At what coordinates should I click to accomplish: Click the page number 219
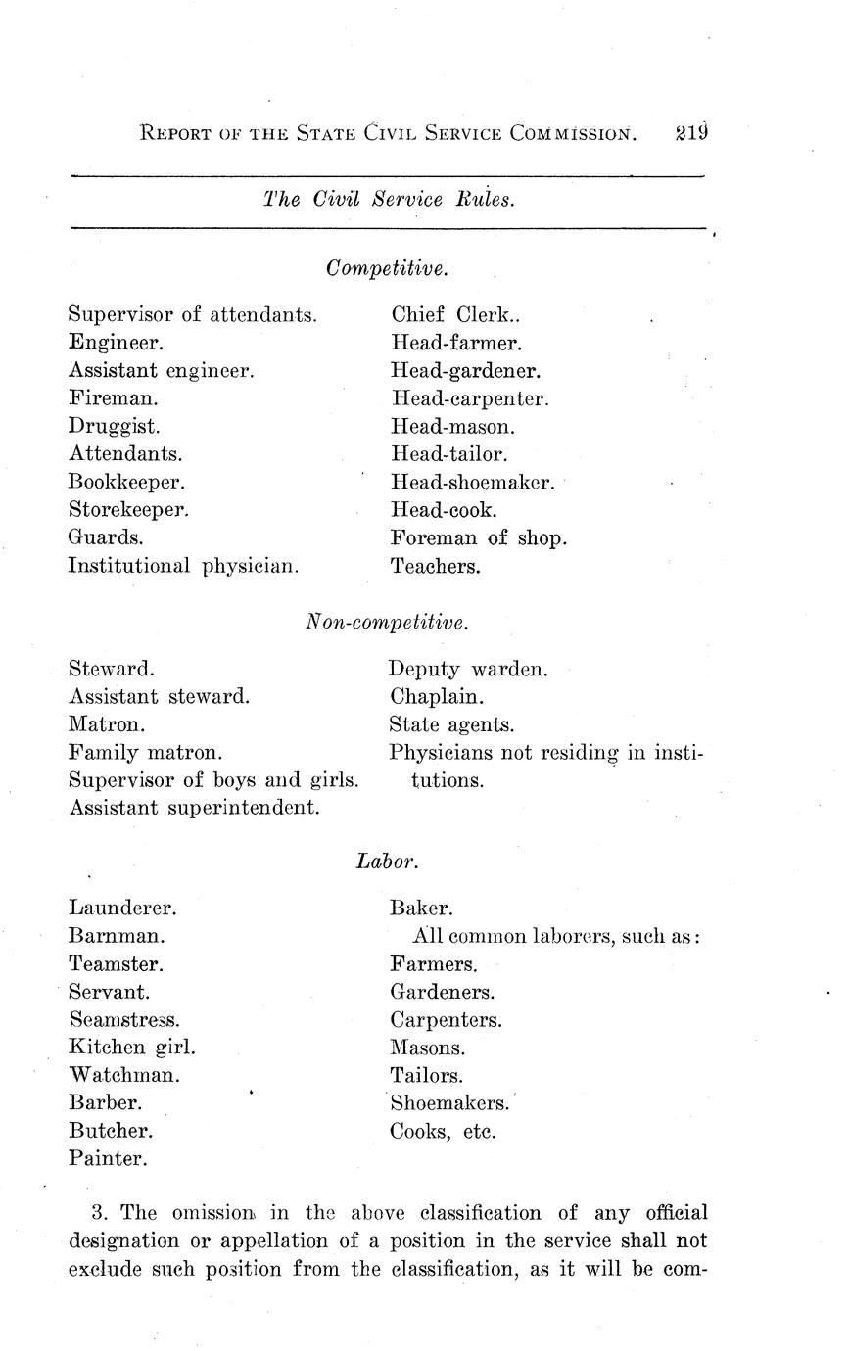pos(690,132)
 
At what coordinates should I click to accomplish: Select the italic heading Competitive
pos(387,267)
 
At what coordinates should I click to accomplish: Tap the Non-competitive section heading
pos(387,622)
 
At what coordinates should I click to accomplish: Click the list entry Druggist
pos(114,427)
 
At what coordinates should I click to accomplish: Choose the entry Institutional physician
pos(183,566)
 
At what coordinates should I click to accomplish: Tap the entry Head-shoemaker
pos(473,483)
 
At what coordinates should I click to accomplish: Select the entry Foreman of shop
pos(478,537)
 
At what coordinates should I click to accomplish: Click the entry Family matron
pos(145,753)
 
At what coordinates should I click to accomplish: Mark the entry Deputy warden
pos(468,670)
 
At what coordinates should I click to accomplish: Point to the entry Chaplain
pos(436,697)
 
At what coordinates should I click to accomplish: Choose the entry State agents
pos(451,725)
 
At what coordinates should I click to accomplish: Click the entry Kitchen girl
pos(132,1047)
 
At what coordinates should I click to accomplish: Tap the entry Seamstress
pos(124,1019)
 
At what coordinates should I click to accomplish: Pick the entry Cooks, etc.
pos(443,1132)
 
